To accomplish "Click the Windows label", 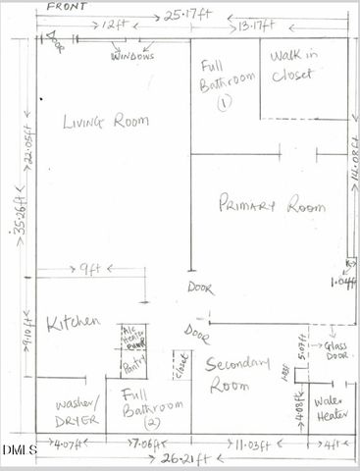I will (131, 57).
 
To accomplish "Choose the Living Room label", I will (106, 122).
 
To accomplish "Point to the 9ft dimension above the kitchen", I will (90, 266).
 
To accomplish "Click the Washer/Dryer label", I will (74, 411).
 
